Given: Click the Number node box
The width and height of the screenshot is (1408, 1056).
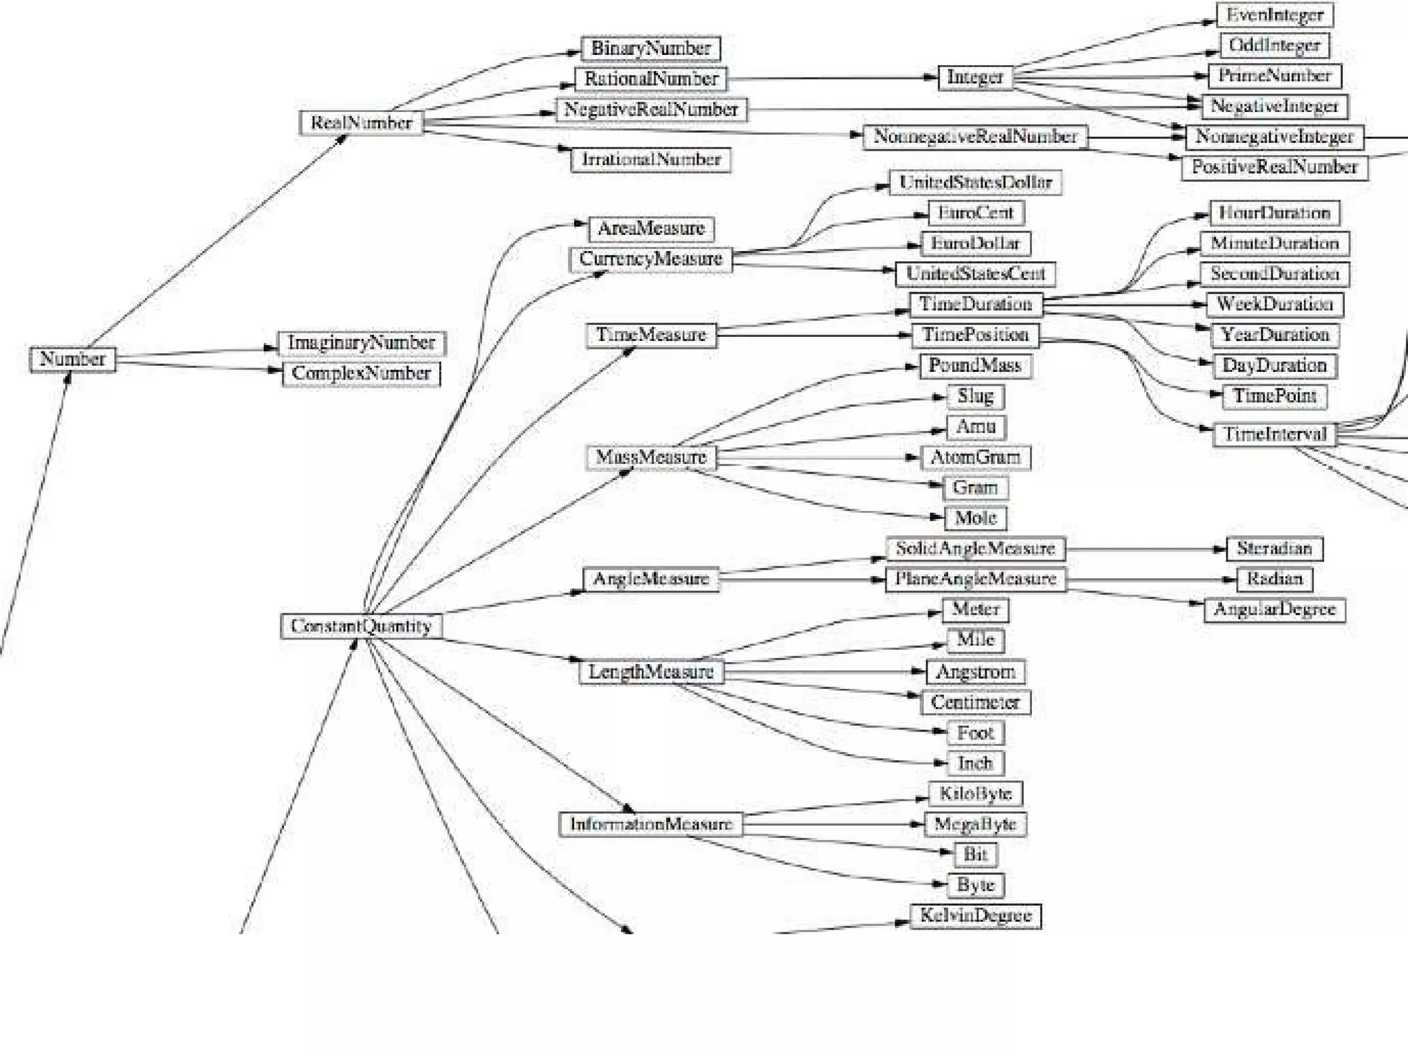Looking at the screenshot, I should click(72, 359).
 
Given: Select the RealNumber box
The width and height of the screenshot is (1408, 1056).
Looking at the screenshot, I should click(361, 123).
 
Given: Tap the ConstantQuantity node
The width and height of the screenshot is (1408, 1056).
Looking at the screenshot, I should click(361, 626).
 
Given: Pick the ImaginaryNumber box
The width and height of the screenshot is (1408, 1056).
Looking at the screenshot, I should click(361, 342).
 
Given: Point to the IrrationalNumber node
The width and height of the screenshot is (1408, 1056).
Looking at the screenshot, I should click(650, 159).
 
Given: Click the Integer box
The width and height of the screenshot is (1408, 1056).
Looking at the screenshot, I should click(975, 77).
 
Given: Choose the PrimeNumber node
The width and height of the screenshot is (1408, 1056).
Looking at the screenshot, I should click(1275, 76).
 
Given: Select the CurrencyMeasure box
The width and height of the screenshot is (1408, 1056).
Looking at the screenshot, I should click(650, 259).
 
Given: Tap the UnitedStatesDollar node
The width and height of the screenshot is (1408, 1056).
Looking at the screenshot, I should click(975, 182).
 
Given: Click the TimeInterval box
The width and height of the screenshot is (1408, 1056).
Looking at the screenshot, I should click(1274, 434).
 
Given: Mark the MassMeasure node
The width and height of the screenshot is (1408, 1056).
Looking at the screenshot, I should click(650, 457).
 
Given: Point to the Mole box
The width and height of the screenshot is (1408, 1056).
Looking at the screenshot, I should click(975, 518).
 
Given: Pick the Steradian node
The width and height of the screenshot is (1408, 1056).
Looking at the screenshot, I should click(1274, 549).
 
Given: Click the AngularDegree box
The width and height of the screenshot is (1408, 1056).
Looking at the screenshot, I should click(1274, 610).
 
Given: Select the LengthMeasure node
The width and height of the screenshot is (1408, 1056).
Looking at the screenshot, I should click(650, 672).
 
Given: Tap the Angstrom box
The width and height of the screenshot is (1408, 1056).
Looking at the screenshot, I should click(975, 672).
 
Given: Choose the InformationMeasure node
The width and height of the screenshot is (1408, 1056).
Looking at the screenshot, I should click(650, 824).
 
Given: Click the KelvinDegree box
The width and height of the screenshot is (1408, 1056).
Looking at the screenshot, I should click(975, 916).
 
